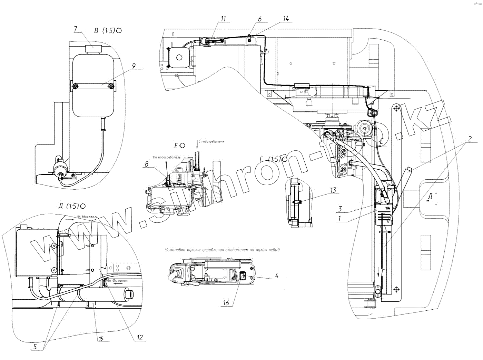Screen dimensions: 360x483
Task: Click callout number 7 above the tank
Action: click(76, 29)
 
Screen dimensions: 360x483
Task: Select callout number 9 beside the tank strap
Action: click(134, 66)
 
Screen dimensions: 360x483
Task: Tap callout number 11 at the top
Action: click(223, 19)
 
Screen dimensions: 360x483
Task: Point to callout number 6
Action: click(260, 19)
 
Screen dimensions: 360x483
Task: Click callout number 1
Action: click(340, 218)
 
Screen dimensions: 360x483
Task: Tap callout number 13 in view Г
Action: click(333, 190)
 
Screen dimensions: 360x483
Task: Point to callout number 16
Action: click(226, 303)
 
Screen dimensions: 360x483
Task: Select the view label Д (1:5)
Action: click(69, 206)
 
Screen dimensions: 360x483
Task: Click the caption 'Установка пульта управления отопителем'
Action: click(222, 250)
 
